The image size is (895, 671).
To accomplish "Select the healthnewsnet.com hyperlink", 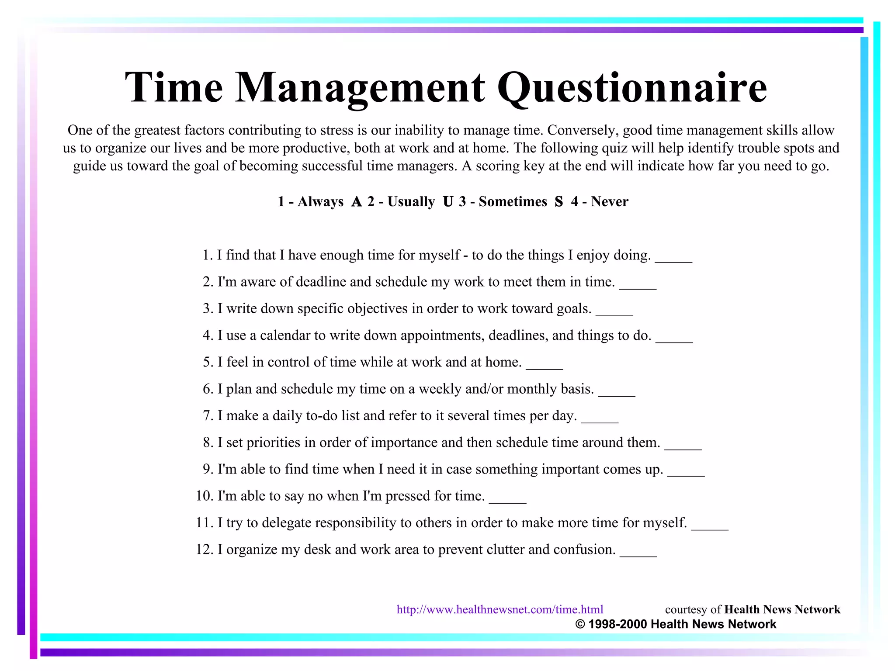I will tap(500, 609).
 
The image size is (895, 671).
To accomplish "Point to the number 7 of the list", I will tap(208, 415).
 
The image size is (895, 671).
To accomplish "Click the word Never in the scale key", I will tap(610, 201).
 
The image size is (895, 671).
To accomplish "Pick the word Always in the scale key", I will tap(320, 201).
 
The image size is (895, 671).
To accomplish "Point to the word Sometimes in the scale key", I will tap(513, 201).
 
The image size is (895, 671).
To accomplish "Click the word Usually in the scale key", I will tap(411, 201).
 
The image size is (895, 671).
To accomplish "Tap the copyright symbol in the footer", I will tap(580, 624).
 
